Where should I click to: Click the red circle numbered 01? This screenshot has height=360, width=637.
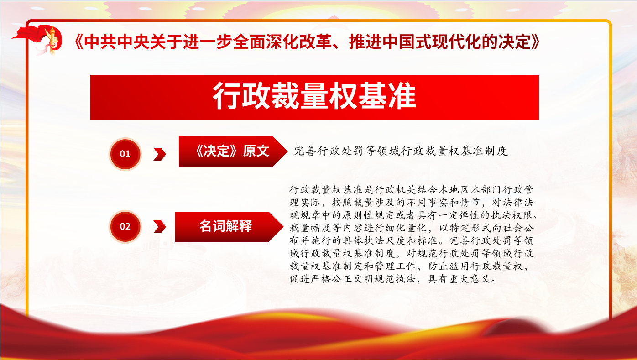pos(125,154)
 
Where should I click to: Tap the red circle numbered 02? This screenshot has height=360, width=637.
pos(125,226)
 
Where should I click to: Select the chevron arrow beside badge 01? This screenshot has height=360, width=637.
pos(160,154)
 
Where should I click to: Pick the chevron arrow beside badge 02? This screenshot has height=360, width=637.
pos(160,227)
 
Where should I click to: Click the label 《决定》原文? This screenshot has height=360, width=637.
pos(232,151)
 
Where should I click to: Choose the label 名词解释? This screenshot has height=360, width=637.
pos(225,226)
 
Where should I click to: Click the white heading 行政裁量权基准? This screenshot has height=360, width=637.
pos(314,96)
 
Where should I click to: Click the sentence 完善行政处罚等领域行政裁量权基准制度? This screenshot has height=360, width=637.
pos(401,151)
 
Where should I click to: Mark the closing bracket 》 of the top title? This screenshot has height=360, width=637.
pos(535,42)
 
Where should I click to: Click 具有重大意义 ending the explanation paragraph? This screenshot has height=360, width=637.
pos(459,279)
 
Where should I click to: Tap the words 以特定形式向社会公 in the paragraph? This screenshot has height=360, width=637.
pos(486,228)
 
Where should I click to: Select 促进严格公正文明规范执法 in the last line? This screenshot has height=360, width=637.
pos(352,279)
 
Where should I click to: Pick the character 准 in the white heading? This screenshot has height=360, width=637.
pos(402,96)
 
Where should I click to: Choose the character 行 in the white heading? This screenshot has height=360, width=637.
pos(227,96)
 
